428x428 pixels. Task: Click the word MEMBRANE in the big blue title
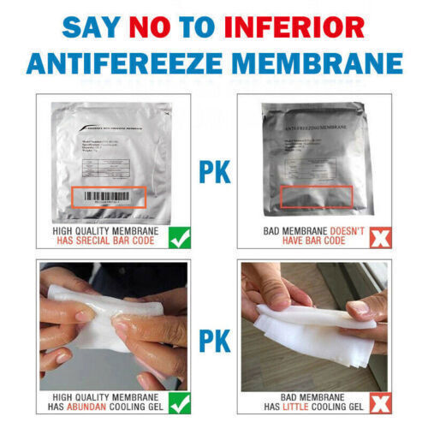314,63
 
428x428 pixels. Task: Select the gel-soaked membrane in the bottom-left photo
94,325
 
